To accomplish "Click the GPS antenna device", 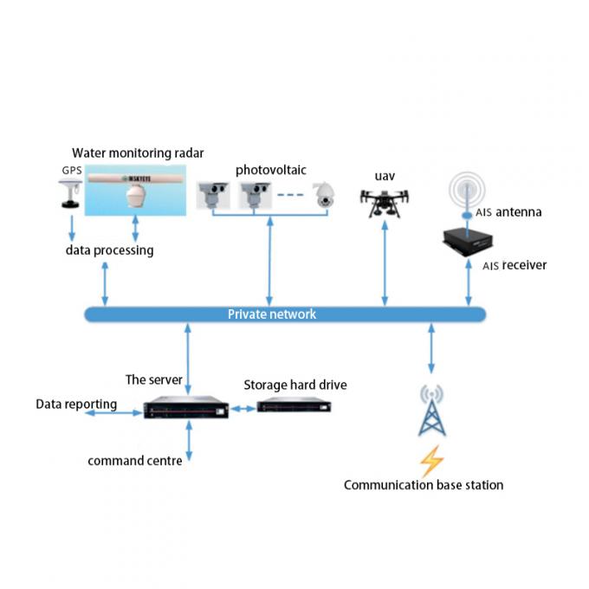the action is [x=70, y=194].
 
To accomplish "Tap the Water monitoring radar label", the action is [x=138, y=153].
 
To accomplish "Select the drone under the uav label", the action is [x=385, y=204].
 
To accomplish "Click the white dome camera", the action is [x=324, y=195].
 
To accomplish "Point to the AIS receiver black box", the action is [x=468, y=242].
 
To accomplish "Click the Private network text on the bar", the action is [x=272, y=314].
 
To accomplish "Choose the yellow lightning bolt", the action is [x=431, y=461].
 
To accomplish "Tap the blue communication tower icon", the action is [x=432, y=410].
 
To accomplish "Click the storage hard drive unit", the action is [x=294, y=405].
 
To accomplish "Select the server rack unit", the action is [x=186, y=407].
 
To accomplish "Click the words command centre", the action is [x=135, y=461].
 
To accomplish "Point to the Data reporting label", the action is [x=76, y=405].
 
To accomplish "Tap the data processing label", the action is [x=109, y=250].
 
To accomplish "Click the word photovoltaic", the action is [x=271, y=170].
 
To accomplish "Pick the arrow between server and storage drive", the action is [x=243, y=409].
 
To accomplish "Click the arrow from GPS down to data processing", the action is [x=72, y=228].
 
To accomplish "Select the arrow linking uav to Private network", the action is [x=385, y=263].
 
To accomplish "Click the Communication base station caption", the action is [x=424, y=485].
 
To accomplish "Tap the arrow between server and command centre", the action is [x=189, y=441].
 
